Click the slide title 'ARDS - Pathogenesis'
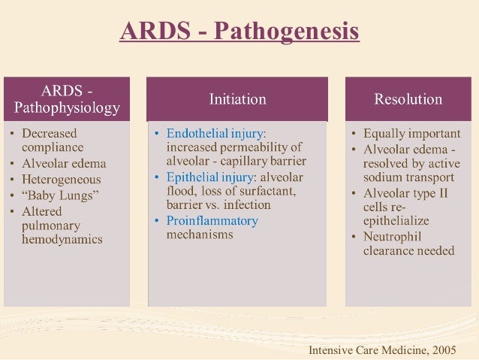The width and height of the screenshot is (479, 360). tap(239, 32)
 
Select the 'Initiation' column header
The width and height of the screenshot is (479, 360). tap(237, 98)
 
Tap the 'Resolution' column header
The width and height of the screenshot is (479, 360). tap(408, 98)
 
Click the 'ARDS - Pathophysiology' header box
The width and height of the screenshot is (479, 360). tap(67, 98)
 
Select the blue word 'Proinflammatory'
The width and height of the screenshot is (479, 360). tap(212, 220)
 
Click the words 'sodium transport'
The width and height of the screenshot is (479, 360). tap(408, 177)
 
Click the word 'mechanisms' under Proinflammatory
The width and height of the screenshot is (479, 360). tap(200, 234)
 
